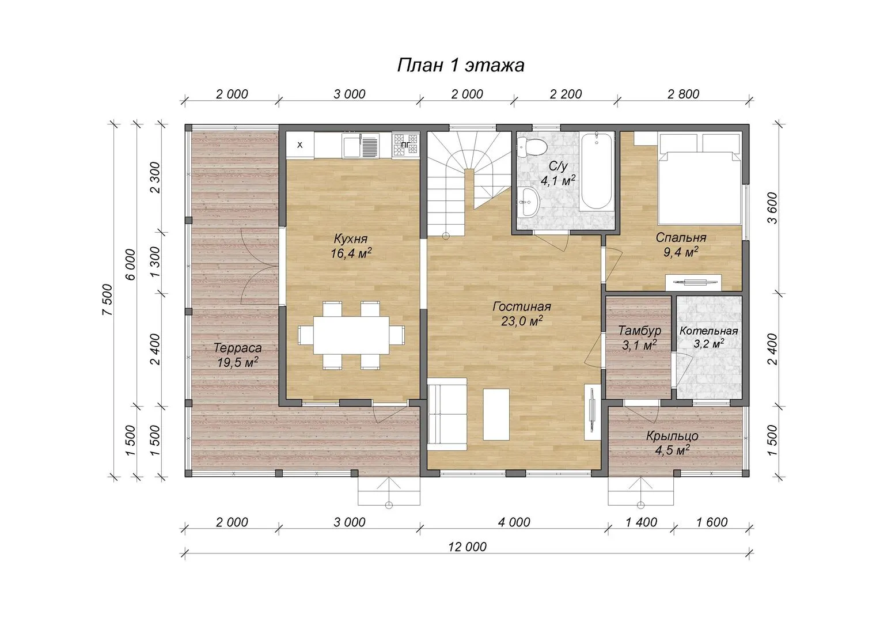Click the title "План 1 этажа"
coord(460,65)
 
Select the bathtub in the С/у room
coord(596,172)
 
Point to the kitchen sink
coord(361,145)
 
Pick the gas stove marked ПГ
coord(406,145)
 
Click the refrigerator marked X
coord(299,145)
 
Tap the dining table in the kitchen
coord(351,335)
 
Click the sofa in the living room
coord(447,414)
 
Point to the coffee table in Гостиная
coord(496,415)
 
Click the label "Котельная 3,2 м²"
coord(709,337)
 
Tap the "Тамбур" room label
coord(640,331)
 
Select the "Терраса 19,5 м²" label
coord(238,355)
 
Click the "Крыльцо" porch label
coord(672,436)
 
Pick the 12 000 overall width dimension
coord(468,547)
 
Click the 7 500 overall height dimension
coord(107,299)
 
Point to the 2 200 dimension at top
coord(566,94)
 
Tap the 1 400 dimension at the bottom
coord(641,522)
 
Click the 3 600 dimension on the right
coord(772,208)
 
